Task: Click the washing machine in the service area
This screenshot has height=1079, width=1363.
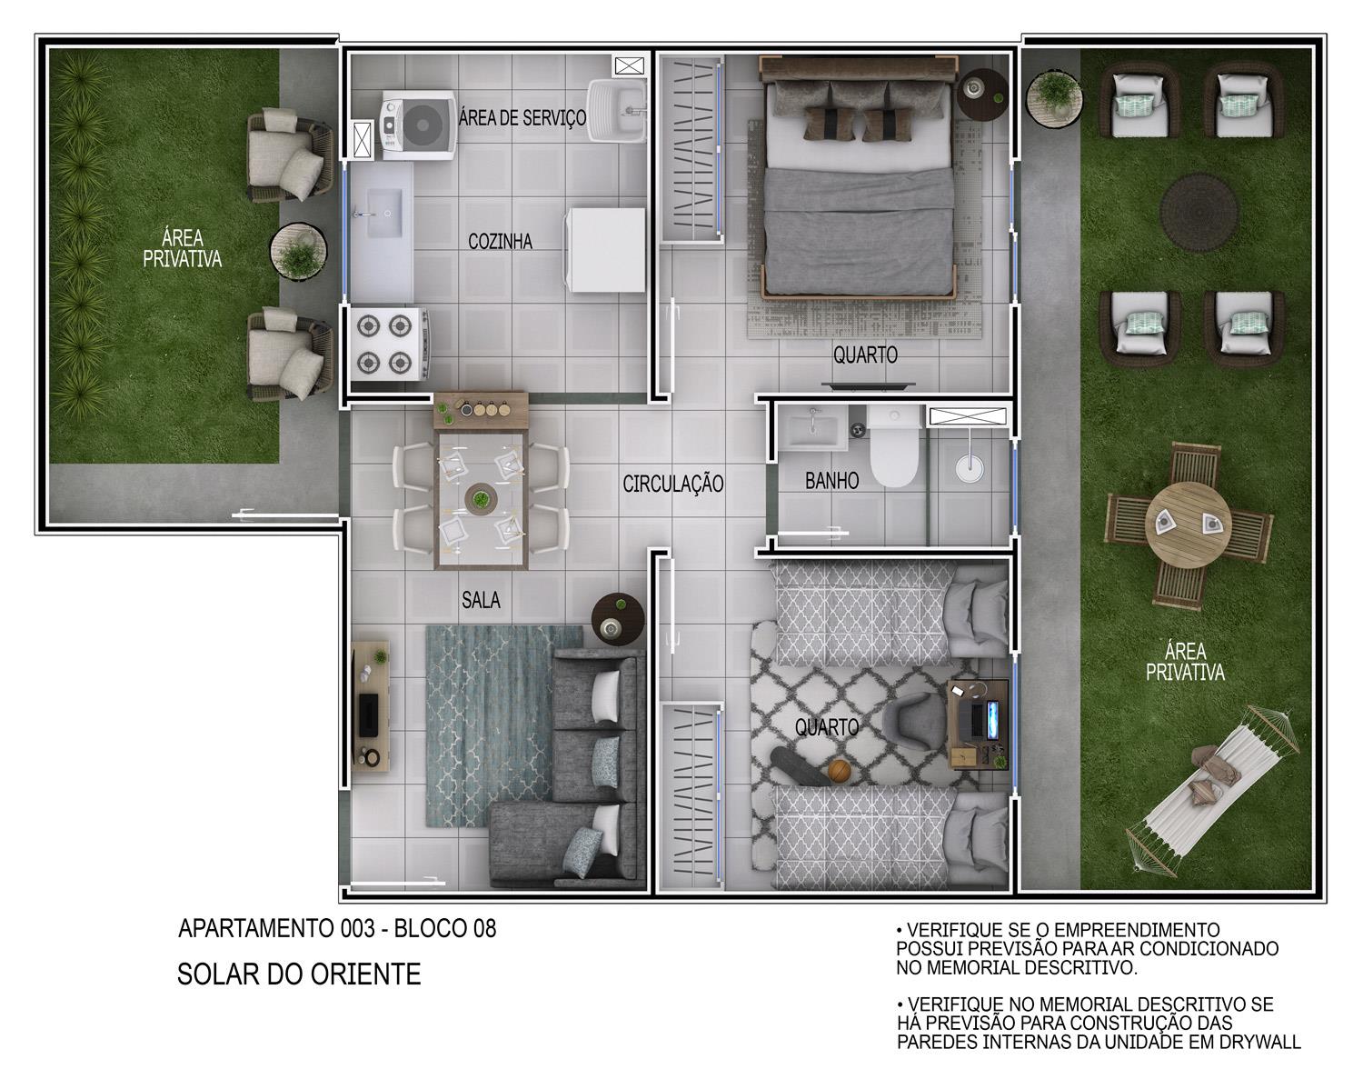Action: pos(418,125)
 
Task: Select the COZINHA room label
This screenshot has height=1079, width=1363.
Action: pos(500,242)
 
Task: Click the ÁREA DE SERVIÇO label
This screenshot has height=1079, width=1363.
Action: pos(522,118)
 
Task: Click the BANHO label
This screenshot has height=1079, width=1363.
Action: pos(831,481)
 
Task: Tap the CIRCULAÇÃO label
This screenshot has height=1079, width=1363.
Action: pos(672,485)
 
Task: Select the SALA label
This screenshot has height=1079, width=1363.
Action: pos(481,600)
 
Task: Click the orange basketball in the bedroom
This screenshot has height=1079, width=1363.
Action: pos(840,771)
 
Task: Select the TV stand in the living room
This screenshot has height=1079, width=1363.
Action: pos(371,705)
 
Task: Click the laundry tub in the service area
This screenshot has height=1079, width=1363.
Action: pos(616,110)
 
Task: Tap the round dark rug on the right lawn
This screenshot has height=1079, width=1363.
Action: pos(1199,212)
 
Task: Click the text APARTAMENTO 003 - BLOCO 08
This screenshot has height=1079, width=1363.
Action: pos(337,929)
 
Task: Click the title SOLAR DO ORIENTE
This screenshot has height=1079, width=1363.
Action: pos(299,974)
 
